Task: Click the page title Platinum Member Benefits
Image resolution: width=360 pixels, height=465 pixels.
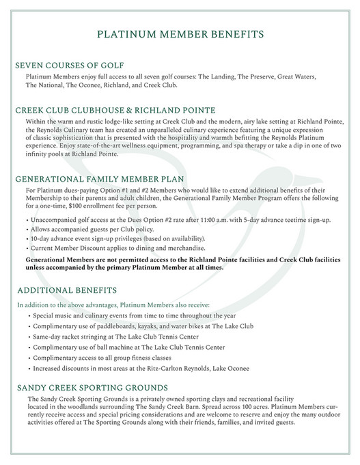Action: tap(180, 33)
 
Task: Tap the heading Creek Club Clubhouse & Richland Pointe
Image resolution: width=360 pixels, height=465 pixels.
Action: tap(115, 109)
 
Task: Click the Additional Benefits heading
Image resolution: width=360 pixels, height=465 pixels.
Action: tap(64, 290)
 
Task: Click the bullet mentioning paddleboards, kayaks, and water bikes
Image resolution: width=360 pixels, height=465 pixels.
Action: tap(143, 326)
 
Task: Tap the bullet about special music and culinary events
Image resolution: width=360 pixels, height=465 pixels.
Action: tap(135, 316)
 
